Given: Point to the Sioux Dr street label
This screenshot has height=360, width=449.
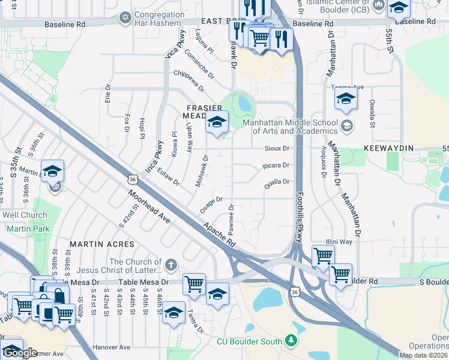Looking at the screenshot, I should point(277,148).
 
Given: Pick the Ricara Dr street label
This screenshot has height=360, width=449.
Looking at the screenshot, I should point(276,165).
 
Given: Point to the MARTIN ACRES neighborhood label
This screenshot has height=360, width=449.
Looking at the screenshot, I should point(97,244).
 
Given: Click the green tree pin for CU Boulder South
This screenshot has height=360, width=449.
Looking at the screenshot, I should point(291,341).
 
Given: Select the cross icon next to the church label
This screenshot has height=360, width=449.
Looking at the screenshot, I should point(171,265).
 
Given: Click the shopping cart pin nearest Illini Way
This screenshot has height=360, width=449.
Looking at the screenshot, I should point(323,255).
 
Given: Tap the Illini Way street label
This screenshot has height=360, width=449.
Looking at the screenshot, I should point(339,242).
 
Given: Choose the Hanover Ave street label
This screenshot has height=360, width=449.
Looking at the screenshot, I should point(112,347).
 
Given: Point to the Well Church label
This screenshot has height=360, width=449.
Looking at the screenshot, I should point(25,215).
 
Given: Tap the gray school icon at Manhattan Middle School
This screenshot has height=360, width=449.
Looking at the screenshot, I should point(346,126).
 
